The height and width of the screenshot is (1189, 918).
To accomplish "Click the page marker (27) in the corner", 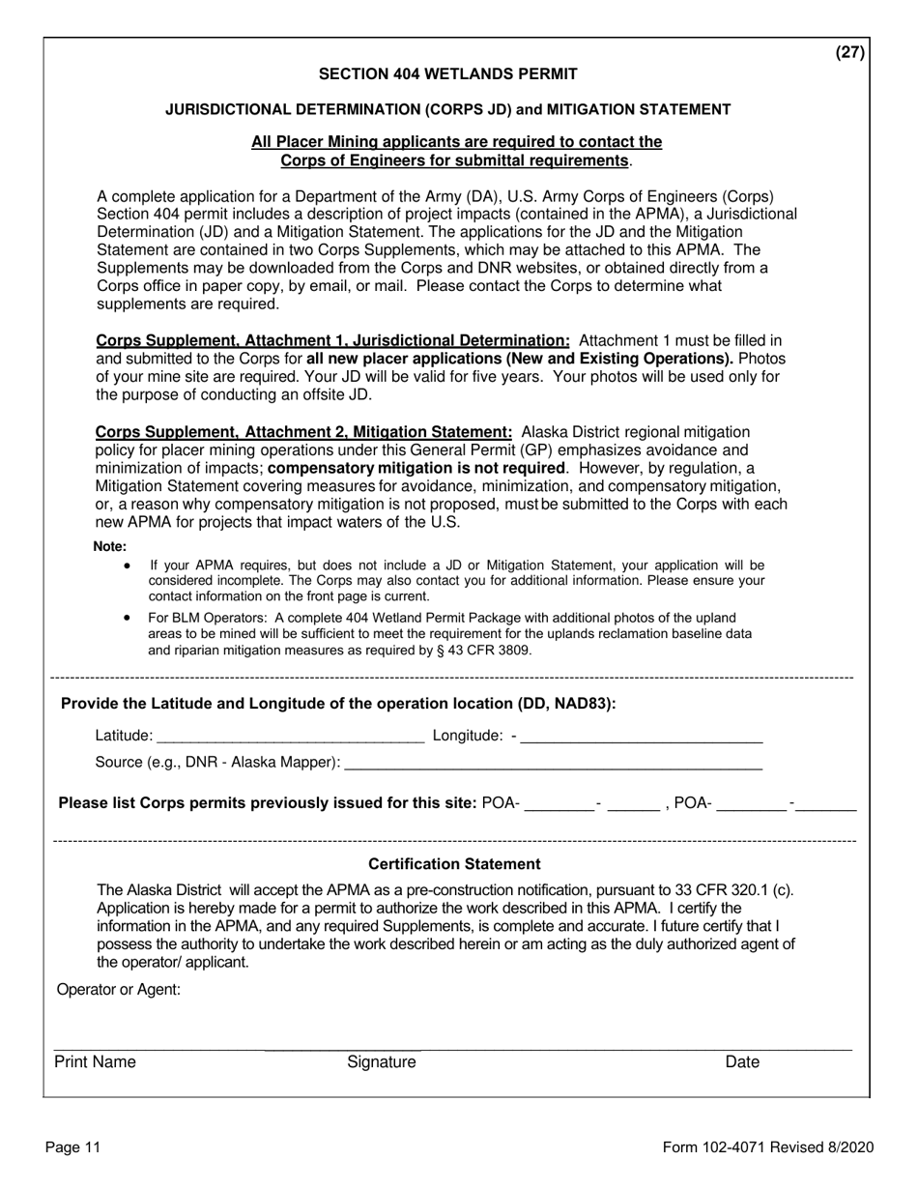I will coord(850,53).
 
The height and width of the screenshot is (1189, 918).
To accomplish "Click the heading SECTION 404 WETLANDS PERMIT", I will coord(448,73).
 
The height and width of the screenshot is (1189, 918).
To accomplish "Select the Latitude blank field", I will coord(289,737).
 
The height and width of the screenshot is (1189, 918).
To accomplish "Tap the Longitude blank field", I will coord(642,737).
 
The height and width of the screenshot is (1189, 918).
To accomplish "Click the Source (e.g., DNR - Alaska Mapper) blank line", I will coord(553,763).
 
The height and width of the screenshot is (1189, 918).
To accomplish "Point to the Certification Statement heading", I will coord(454,863).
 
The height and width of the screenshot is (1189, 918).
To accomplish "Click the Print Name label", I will coord(95,1062).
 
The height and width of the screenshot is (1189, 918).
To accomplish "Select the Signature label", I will coord(382,1062).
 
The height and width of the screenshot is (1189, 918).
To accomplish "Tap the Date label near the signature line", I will coord(742,1062).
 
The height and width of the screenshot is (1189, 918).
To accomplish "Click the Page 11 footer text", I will coord(72,1147).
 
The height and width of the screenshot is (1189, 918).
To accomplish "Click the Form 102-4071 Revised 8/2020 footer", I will coord(768,1147).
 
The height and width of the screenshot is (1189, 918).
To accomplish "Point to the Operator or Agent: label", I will coord(119,989).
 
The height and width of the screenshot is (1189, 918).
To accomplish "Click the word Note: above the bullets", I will coord(110,546).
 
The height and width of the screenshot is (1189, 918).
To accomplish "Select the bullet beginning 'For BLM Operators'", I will coord(449,633).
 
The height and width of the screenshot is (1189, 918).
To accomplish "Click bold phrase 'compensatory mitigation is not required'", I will coord(416,468).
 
